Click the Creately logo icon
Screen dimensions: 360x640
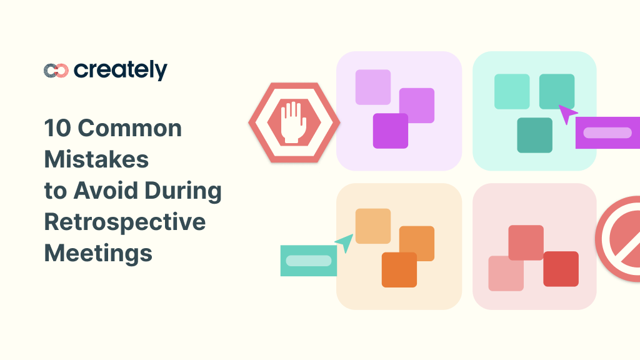click(x=56, y=71)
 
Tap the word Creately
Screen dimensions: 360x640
click(x=121, y=70)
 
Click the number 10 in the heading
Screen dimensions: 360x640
click(x=55, y=129)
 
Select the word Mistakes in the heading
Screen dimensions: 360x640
click(x=96, y=159)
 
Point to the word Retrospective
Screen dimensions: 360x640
click(x=125, y=222)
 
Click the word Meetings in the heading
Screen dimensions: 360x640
click(x=98, y=253)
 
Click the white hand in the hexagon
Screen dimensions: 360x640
click(x=292, y=122)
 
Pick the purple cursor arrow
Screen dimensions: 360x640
click(x=567, y=114)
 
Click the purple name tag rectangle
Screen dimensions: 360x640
click(x=607, y=132)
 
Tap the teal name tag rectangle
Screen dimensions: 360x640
click(x=309, y=261)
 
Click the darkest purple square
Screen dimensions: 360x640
click(x=391, y=131)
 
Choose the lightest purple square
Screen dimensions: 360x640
click(x=373, y=87)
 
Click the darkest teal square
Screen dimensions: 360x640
click(x=535, y=135)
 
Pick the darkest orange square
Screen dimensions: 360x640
click(x=399, y=269)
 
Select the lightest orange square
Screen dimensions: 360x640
click(x=373, y=226)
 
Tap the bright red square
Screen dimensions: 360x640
click(x=561, y=269)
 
